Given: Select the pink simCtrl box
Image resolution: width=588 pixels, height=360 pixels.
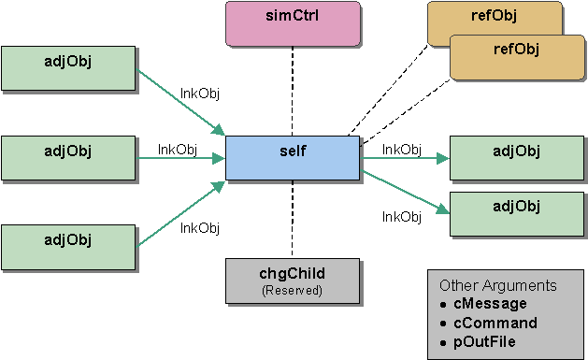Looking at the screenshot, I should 293,23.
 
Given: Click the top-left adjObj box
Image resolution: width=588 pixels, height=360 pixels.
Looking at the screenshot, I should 68,68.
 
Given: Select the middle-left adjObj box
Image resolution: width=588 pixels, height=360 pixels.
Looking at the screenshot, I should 68,158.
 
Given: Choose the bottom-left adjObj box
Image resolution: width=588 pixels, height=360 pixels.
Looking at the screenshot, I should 68,247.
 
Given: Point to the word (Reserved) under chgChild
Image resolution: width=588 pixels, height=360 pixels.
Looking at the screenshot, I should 293,291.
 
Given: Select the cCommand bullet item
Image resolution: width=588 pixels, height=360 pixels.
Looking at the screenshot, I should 495,323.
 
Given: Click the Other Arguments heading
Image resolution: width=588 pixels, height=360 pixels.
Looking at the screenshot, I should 498,285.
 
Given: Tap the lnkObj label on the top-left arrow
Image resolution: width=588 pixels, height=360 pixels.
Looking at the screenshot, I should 199,93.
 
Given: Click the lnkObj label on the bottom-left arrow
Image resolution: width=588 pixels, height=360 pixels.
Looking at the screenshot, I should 199,227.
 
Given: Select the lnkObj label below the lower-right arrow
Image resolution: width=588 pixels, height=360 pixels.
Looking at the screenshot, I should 402,217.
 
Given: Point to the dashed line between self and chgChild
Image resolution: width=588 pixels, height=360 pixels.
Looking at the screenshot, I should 293,219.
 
